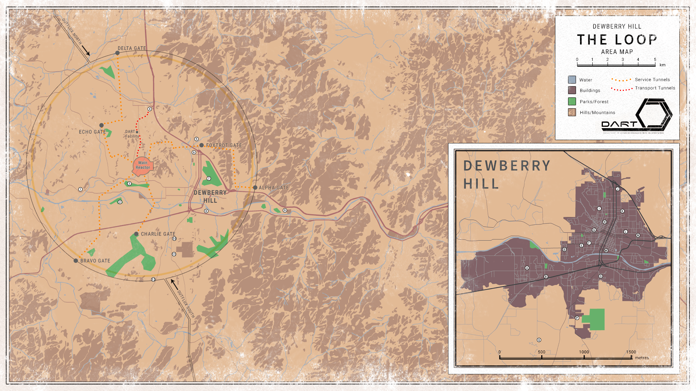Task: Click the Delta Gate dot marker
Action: [x=117, y=53]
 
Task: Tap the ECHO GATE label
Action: [x=92, y=132]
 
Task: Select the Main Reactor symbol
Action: [x=142, y=165]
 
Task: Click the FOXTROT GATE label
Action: [x=224, y=145]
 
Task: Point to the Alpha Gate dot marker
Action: [x=255, y=188]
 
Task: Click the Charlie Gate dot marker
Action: [x=136, y=234]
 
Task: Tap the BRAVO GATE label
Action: [x=95, y=261]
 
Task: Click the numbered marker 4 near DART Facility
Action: [x=150, y=109]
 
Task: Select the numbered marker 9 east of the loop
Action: [x=285, y=210]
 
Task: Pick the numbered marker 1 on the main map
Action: [x=80, y=189]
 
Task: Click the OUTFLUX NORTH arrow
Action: [x=86, y=50]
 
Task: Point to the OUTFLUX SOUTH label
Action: [x=186, y=304]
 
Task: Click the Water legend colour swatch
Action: [x=572, y=80]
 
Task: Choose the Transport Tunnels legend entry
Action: [x=655, y=88]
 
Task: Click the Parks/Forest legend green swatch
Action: [x=572, y=101]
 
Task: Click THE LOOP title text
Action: [x=617, y=39]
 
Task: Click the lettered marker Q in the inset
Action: [x=539, y=340]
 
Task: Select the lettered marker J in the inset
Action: [x=618, y=189]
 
